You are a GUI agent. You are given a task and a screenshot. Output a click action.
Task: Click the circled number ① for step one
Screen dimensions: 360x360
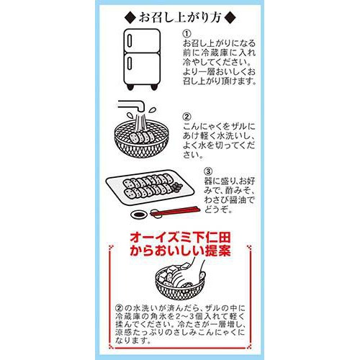click(186, 34)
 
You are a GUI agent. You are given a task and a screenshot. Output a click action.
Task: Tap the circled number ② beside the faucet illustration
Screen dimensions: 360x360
click(186, 115)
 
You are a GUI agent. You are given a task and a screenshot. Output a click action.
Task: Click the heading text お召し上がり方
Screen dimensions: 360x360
click(180, 16)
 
